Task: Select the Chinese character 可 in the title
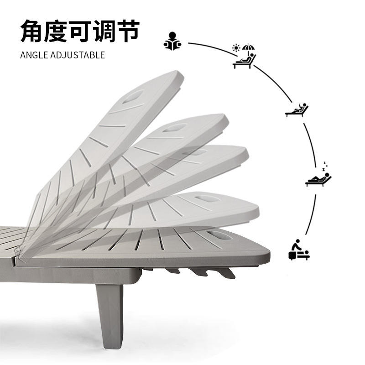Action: [80, 31]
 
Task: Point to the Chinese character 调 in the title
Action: [104, 31]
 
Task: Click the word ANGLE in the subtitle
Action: [34, 55]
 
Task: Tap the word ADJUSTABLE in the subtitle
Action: [78, 55]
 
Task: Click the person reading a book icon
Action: [172, 41]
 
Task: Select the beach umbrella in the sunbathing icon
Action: [248, 48]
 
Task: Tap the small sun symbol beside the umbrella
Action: [236, 48]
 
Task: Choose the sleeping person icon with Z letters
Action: [318, 175]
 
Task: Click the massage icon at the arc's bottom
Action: [299, 250]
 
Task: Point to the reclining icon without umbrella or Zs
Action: [297, 110]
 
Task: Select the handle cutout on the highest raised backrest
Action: [134, 96]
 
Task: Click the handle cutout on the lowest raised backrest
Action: [207, 199]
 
